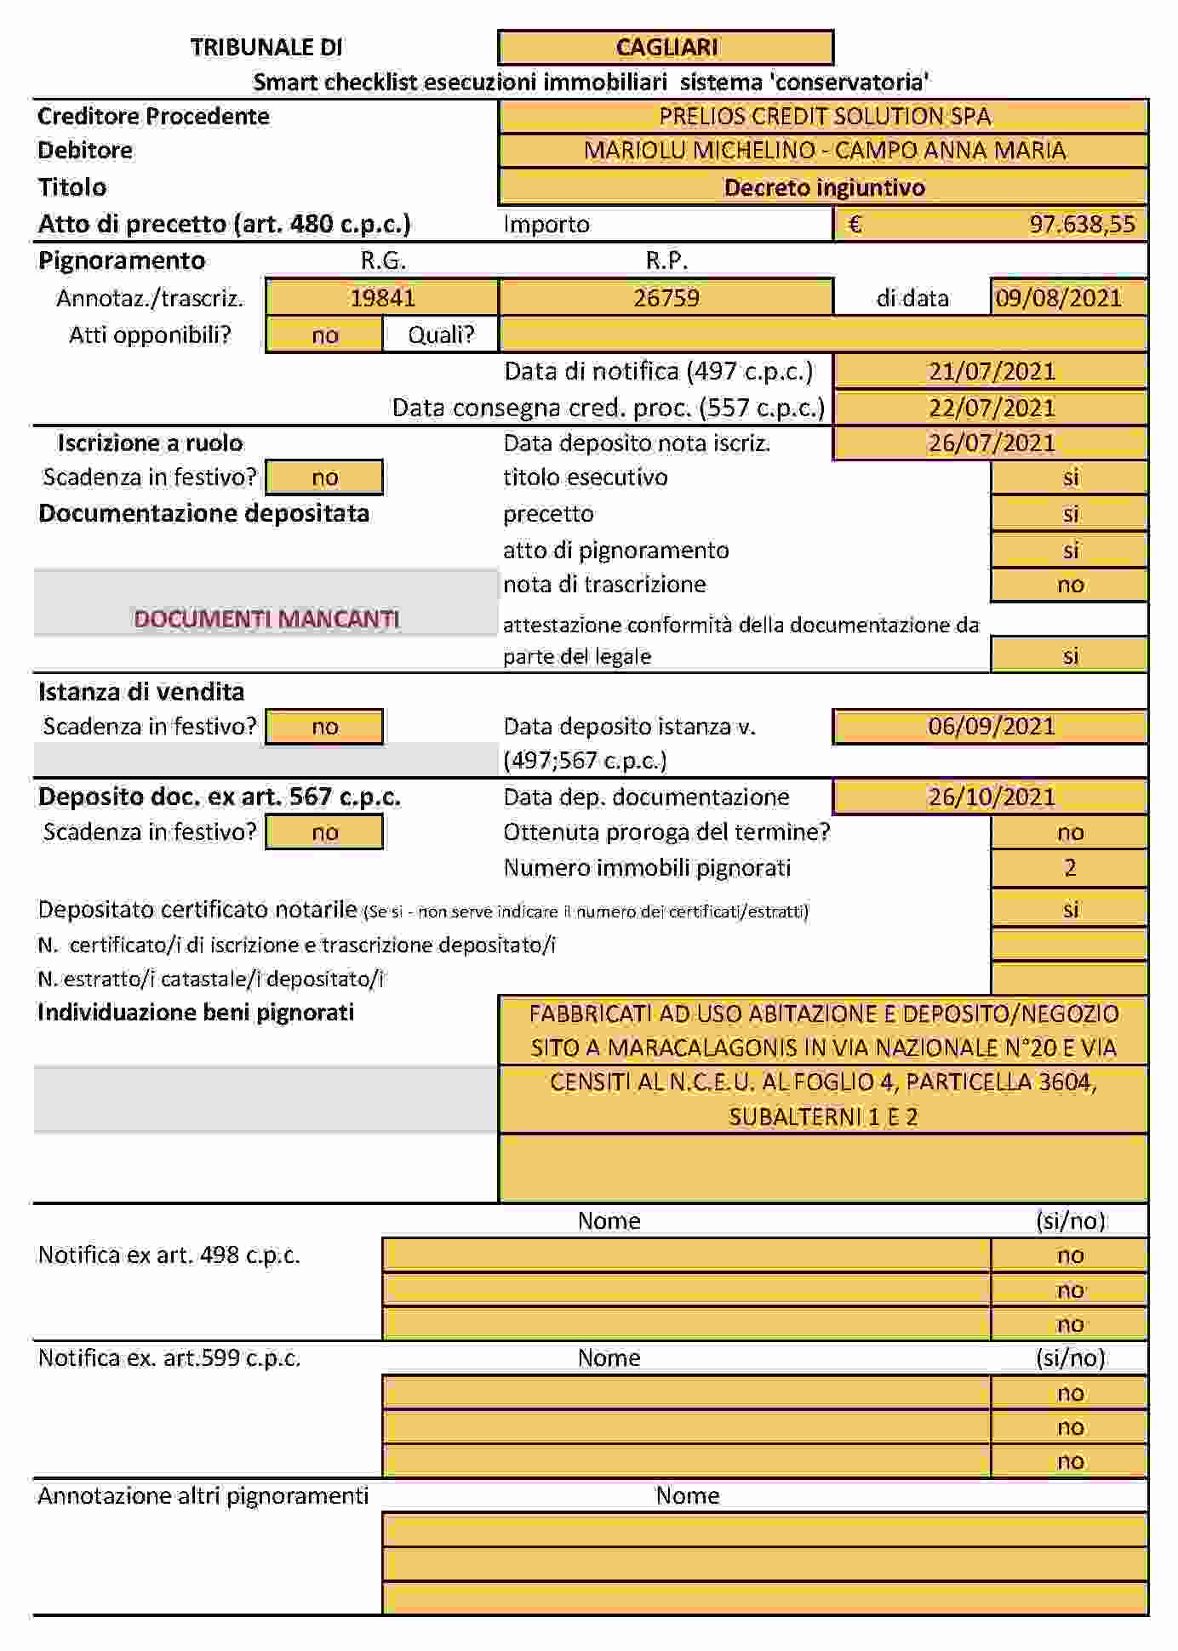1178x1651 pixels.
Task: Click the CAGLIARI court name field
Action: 666,48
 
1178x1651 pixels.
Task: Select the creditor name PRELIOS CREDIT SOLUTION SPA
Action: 824,117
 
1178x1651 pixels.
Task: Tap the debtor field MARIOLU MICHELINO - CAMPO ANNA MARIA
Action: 824,151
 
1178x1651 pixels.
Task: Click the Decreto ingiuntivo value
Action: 824,187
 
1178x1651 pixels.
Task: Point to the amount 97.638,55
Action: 1081,225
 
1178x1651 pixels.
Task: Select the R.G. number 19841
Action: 382,298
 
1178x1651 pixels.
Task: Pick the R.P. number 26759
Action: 666,298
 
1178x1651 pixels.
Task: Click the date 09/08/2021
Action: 1058,298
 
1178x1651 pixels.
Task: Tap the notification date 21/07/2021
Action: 991,372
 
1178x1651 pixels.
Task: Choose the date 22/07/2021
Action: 991,408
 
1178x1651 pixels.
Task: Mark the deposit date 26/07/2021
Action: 991,443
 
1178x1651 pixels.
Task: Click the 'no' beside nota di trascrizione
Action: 1070,585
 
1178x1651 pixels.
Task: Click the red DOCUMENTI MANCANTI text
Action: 266,619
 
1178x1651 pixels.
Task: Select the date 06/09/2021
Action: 991,727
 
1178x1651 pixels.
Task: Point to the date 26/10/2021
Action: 991,797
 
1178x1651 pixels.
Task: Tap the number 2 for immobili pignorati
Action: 1070,868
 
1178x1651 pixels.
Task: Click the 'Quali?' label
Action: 441,334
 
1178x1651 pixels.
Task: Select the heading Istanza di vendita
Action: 141,692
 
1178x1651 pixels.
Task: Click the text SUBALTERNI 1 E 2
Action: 823,1117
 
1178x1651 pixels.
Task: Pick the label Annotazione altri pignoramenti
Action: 203,1496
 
